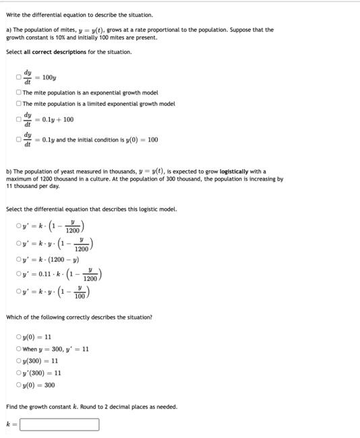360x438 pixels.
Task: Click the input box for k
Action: (x=59, y=425)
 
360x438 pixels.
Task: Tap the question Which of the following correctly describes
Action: (x=78, y=317)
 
